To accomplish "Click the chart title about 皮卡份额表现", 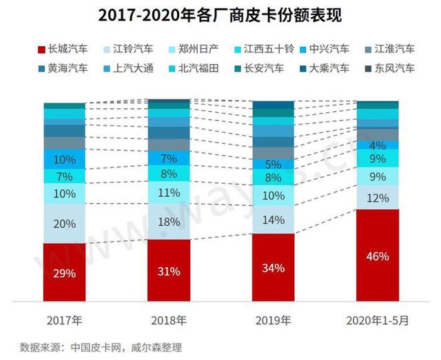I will [x=220, y=15].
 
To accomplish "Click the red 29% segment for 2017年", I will [x=64, y=272].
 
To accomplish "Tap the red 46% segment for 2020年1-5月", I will [x=378, y=255].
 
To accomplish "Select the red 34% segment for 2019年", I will [x=274, y=267].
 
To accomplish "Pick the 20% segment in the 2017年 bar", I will [x=64, y=223].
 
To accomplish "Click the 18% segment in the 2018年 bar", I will [x=169, y=222].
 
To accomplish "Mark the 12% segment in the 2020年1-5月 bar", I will [x=378, y=198].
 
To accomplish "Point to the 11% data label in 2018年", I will [x=169, y=193].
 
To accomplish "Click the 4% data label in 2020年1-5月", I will [x=378, y=146].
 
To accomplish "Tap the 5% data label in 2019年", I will [x=274, y=165].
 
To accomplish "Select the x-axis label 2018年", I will [x=169, y=320].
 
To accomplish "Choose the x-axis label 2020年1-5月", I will [x=378, y=320].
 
